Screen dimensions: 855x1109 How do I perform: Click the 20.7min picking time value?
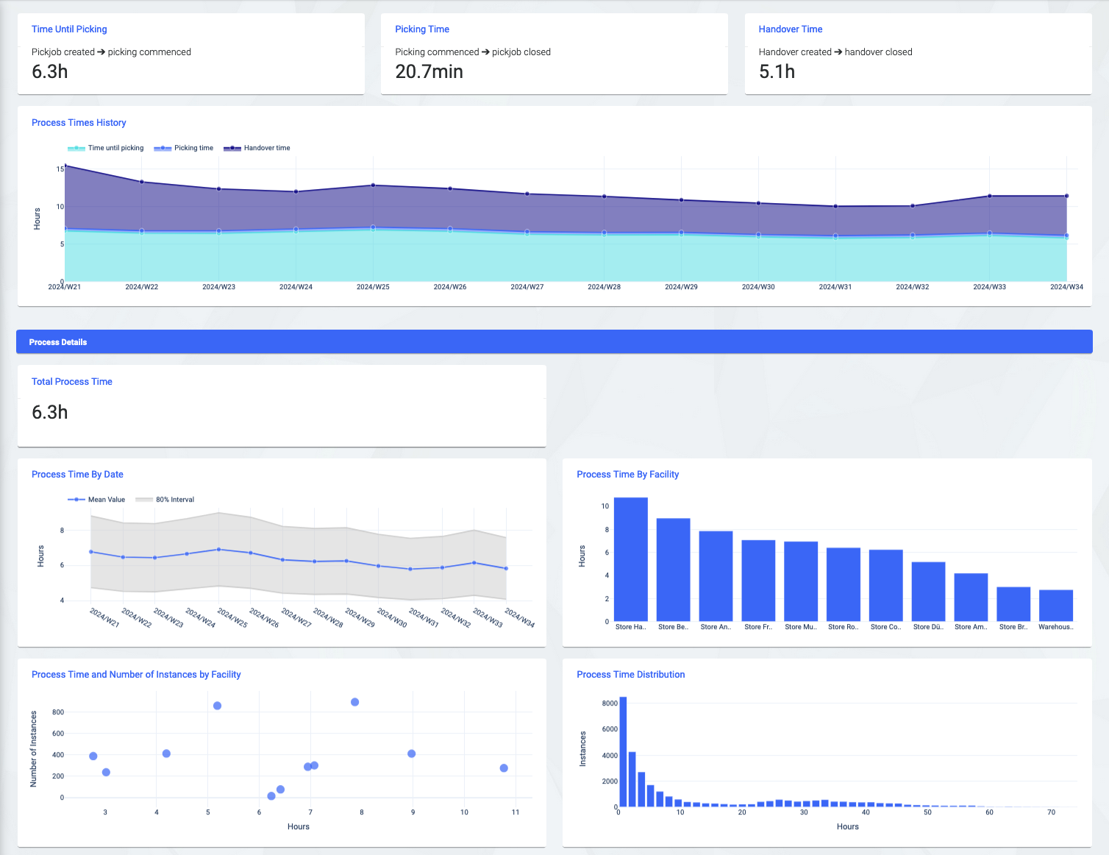point(429,71)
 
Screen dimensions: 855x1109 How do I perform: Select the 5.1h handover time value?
point(777,71)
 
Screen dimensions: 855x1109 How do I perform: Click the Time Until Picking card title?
point(69,29)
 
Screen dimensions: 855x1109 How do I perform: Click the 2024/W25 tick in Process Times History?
point(373,287)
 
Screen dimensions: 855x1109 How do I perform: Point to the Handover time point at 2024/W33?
point(989,196)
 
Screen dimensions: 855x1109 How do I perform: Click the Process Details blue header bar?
point(554,342)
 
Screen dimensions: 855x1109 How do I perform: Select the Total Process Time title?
point(72,382)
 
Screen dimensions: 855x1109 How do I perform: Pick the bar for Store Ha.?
point(630,559)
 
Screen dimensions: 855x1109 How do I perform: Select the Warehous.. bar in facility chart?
point(1055,606)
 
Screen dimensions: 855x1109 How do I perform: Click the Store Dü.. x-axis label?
point(928,627)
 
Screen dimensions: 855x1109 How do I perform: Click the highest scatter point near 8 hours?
point(355,702)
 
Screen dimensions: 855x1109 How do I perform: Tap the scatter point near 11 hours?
point(504,768)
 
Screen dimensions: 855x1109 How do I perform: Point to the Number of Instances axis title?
point(33,749)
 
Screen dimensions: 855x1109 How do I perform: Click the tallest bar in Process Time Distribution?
point(623,752)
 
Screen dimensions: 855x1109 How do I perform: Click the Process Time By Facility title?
point(627,475)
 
